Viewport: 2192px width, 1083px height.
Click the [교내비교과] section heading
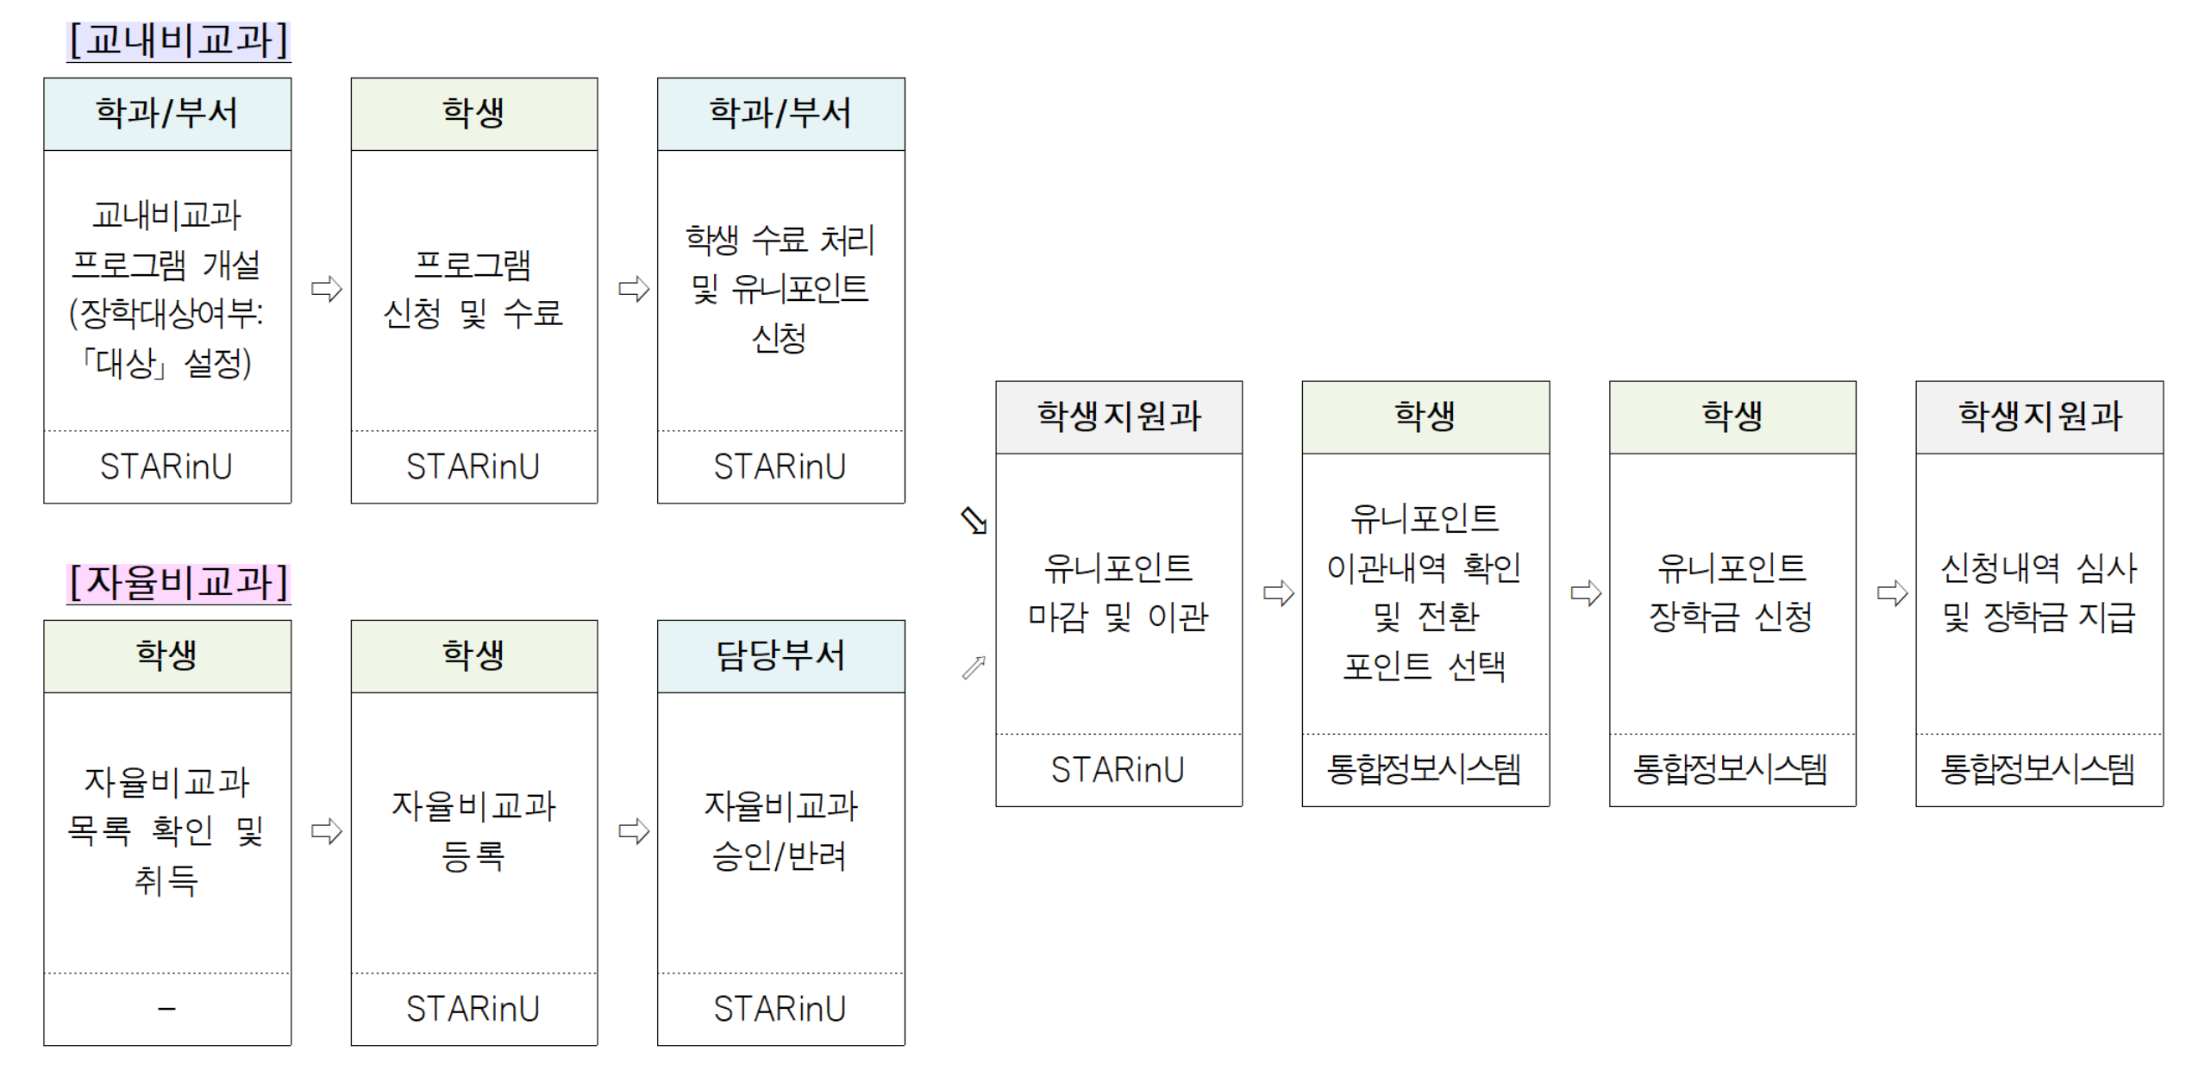click(178, 41)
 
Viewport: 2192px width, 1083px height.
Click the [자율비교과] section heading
click(178, 583)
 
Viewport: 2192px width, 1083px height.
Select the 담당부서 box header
click(780, 656)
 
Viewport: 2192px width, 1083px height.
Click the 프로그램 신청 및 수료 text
click(473, 289)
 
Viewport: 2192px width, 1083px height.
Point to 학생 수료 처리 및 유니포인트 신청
click(780, 289)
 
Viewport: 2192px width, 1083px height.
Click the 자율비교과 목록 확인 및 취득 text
click(166, 831)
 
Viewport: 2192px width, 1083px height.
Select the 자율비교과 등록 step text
click(473, 830)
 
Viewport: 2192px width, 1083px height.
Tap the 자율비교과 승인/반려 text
click(780, 830)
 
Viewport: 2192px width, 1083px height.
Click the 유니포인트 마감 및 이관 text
click(1118, 592)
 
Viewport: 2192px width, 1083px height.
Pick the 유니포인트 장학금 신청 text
click(1732, 592)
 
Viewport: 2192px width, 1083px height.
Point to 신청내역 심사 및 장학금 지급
click(2039, 592)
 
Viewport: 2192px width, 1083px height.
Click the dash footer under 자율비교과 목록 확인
click(166, 1008)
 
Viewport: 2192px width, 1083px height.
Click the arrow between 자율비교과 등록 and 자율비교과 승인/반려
click(634, 831)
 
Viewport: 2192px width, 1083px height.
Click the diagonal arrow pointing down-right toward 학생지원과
click(974, 520)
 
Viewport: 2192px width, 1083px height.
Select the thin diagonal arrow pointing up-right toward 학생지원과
click(974, 667)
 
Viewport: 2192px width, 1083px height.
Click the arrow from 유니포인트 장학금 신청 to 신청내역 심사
click(1893, 593)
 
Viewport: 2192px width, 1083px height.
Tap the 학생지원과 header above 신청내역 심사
click(2039, 417)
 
